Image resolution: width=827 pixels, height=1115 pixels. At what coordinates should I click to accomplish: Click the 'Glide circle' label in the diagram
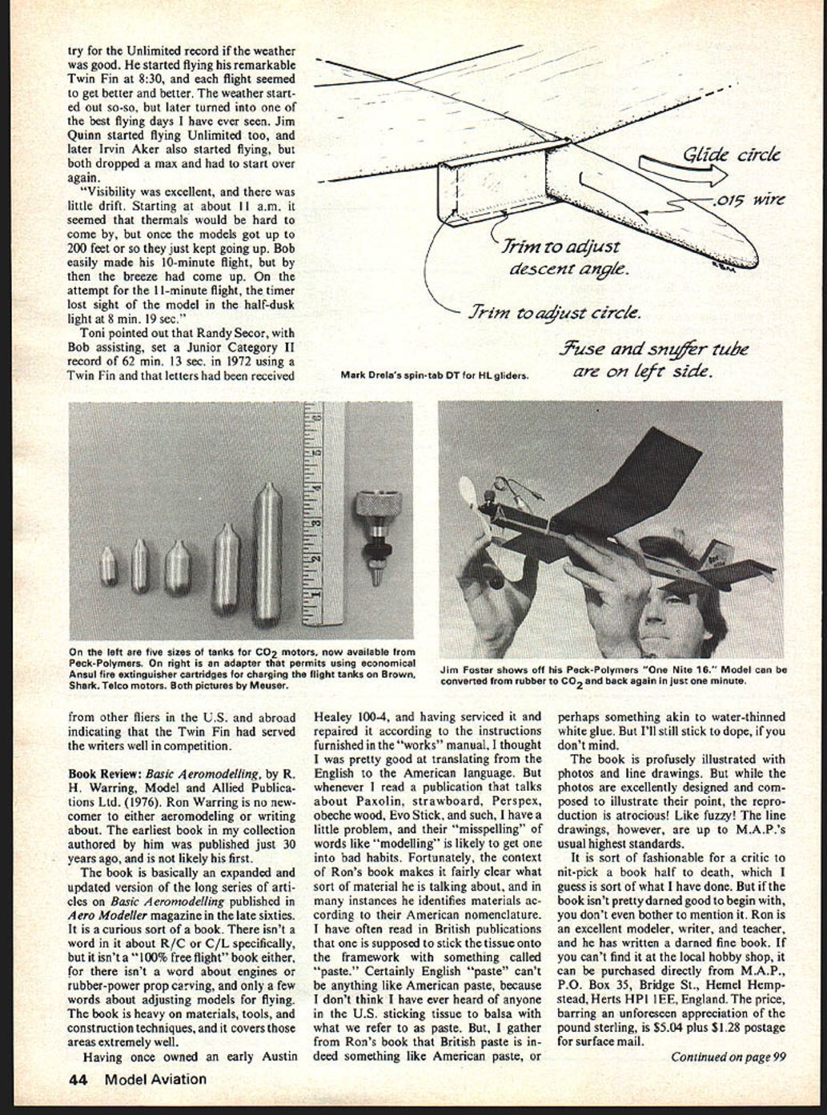pos(731,155)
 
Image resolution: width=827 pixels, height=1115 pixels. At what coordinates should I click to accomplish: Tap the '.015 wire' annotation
pos(749,199)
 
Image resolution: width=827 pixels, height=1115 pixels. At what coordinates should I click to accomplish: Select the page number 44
pos(78,1079)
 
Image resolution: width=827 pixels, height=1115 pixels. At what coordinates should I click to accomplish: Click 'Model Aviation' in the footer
pos(155,1079)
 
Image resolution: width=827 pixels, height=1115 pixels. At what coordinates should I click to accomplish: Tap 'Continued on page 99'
pos(728,1057)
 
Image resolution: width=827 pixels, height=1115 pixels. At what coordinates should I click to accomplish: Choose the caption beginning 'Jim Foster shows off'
pos(613,675)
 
